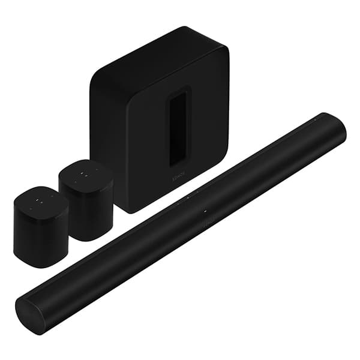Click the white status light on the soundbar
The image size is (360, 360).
click(205, 211)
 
